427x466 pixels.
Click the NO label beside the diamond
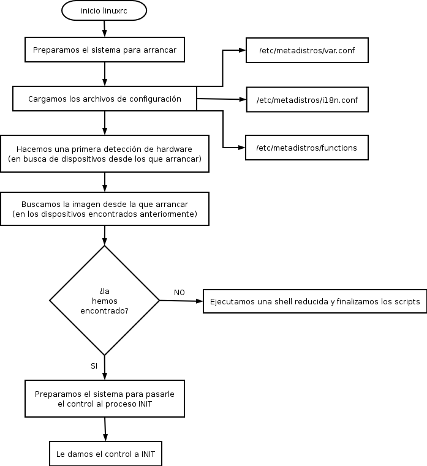179,293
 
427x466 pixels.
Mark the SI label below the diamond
94,366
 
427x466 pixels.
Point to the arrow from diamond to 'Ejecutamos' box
181,301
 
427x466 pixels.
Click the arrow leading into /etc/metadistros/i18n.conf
222,99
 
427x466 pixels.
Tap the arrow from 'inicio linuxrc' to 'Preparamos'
104,29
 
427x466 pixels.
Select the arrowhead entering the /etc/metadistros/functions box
241,148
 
